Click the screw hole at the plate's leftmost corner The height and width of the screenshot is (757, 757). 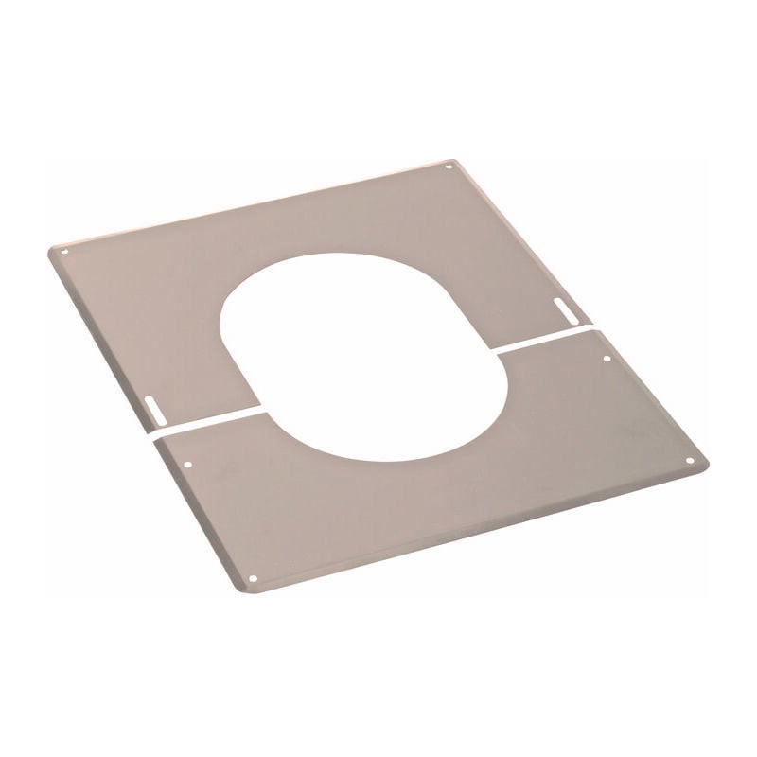64,252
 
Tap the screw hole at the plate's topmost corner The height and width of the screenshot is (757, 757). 449,167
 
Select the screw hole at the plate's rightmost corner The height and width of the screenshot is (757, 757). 689,461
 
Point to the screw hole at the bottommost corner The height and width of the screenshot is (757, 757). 253,578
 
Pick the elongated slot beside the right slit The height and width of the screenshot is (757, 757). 564,308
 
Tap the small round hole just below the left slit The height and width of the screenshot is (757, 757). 189,466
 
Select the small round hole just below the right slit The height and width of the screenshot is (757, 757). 607,358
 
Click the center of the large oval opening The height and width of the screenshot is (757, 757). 363,357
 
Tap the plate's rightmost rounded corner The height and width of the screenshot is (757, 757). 705,463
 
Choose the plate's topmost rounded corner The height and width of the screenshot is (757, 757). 454,161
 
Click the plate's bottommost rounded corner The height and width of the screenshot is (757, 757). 249,591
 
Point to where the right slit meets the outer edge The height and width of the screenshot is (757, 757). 593,326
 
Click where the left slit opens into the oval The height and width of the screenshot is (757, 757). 258,410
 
